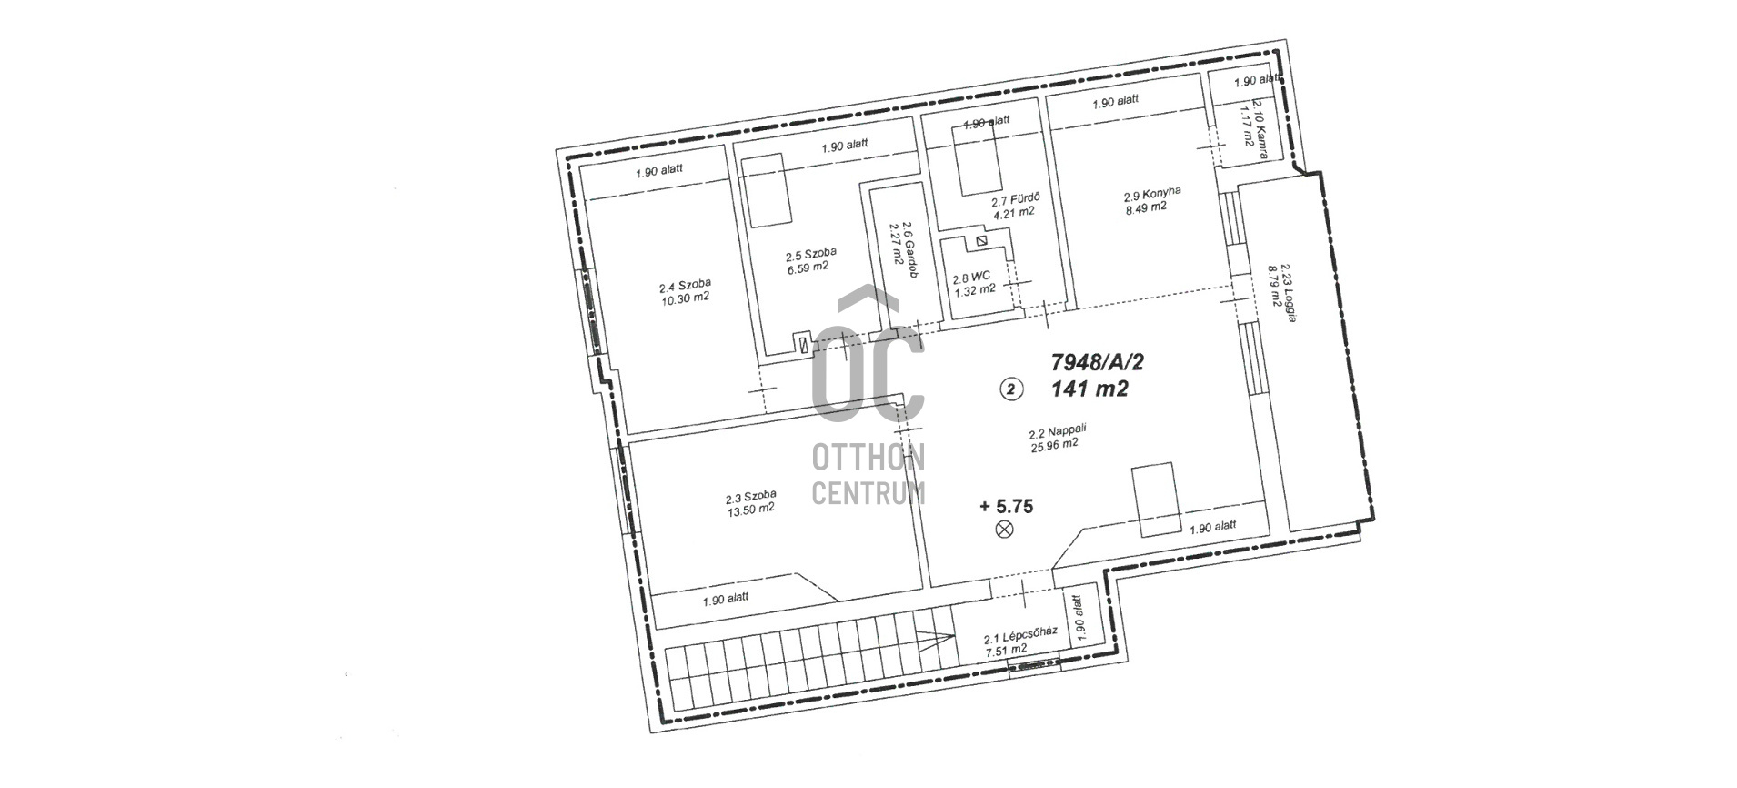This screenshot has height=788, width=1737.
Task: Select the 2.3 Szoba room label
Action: click(751, 497)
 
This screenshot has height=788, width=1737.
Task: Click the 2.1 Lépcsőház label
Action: click(1020, 639)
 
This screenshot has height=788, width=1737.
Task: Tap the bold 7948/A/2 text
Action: click(1097, 362)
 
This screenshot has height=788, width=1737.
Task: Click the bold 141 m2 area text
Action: click(1089, 389)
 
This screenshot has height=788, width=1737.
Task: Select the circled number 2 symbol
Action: click(1011, 389)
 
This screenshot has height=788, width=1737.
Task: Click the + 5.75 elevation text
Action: click(1007, 507)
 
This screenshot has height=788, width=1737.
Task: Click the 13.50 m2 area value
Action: click(750, 510)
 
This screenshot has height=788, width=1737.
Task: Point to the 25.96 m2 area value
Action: click(1055, 446)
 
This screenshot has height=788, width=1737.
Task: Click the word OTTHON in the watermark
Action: click(868, 458)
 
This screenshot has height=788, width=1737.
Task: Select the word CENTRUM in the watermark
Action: click(868, 493)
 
